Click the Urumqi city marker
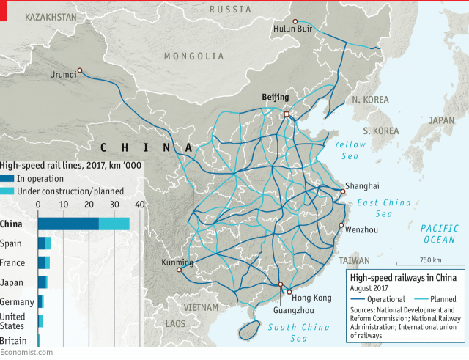point(80,70)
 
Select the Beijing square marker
point(287,114)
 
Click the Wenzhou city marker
point(341,225)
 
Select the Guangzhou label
point(273,309)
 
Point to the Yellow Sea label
point(350,150)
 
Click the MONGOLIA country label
point(194,56)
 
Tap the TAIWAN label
point(355,260)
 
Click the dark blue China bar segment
point(68,224)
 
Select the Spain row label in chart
point(11,243)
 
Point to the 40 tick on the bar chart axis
point(139,205)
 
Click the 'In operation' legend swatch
point(7,178)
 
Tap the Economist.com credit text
point(26,353)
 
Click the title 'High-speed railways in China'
point(403,278)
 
